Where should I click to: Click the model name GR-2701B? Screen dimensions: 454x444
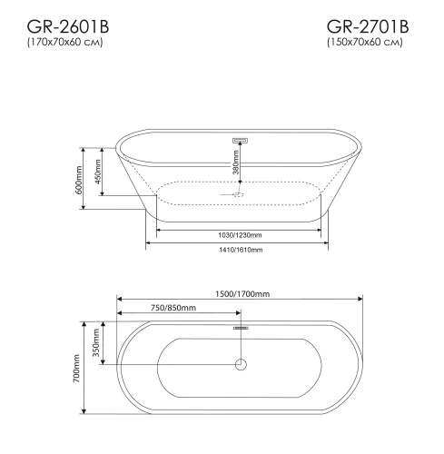368,27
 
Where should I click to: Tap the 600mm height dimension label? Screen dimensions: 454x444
80,179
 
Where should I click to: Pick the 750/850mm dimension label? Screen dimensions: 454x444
173,309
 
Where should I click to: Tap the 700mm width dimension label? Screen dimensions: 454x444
79,367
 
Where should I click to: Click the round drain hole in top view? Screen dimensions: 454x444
241,365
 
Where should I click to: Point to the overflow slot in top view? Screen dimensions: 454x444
241,328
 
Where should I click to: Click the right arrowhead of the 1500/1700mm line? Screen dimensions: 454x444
360,301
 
